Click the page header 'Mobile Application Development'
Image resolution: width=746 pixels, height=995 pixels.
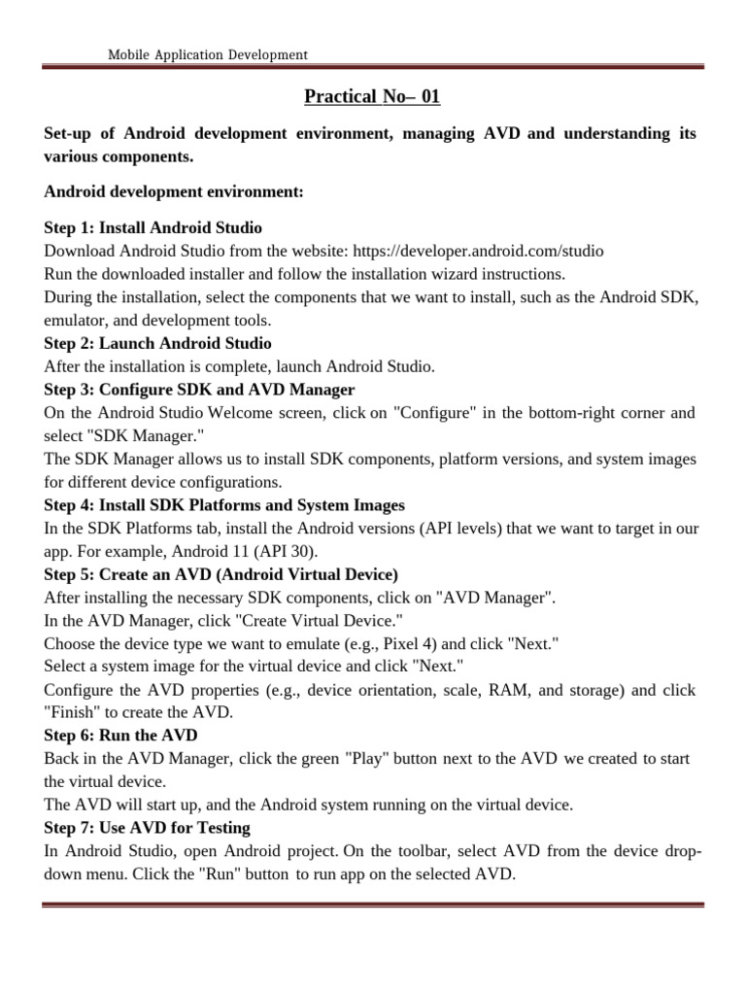coord(209,55)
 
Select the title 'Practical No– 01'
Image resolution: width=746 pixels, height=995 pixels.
coord(372,96)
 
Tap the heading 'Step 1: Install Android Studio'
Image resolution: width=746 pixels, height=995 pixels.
coord(153,227)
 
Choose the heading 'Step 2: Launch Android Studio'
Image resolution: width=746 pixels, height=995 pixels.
coord(158,343)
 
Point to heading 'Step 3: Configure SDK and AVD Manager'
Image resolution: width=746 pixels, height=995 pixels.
coord(199,390)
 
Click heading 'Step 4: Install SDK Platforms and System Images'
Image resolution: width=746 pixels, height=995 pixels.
coord(224,505)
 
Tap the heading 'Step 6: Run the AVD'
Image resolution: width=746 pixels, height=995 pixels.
coord(120,736)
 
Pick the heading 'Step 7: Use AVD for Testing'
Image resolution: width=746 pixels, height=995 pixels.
coord(148,828)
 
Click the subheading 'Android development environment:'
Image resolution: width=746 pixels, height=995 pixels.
coord(174,193)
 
